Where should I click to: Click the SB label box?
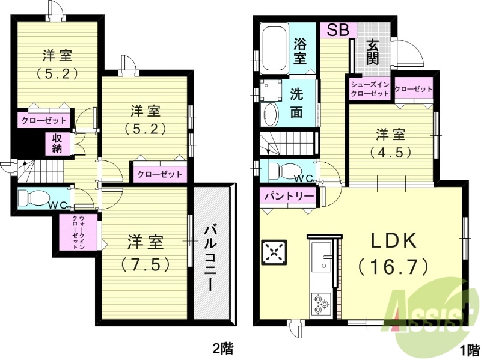pos(338,30)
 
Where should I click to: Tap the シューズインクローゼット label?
pos(370,89)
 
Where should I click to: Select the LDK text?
pos(393,241)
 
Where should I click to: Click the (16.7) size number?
pos(393,265)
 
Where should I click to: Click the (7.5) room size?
pos(146,264)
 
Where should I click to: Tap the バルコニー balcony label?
pos(211,258)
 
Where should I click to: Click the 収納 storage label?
pos(57,144)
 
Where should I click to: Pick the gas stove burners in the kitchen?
pos(319,304)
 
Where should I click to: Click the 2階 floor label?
pos(222,347)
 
